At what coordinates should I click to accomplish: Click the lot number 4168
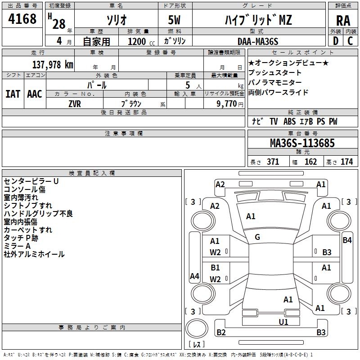[x=22, y=18]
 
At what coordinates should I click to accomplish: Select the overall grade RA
[x=343, y=21]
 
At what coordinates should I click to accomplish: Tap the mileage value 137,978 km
[x=53, y=64]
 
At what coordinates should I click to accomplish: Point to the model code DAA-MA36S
[x=258, y=41]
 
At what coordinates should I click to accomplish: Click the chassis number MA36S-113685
[x=302, y=143]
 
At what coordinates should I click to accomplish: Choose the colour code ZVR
[x=75, y=104]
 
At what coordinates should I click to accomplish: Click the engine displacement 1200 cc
[x=141, y=41]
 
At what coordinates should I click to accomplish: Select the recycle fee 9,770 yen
[x=230, y=104]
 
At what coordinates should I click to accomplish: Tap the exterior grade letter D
[x=336, y=41]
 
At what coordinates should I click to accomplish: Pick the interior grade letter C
[x=350, y=41]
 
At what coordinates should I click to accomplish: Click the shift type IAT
[x=13, y=94]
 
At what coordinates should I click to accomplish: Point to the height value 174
[x=346, y=162]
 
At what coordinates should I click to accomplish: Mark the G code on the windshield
[x=257, y=237]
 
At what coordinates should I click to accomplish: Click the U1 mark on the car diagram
[x=283, y=322]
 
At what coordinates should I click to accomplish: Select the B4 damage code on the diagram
[x=347, y=240]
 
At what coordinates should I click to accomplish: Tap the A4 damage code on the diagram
[x=194, y=276]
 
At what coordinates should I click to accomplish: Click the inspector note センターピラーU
[x=31, y=181]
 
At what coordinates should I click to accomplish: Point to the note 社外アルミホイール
[x=34, y=254]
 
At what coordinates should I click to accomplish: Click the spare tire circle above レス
[x=197, y=328]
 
